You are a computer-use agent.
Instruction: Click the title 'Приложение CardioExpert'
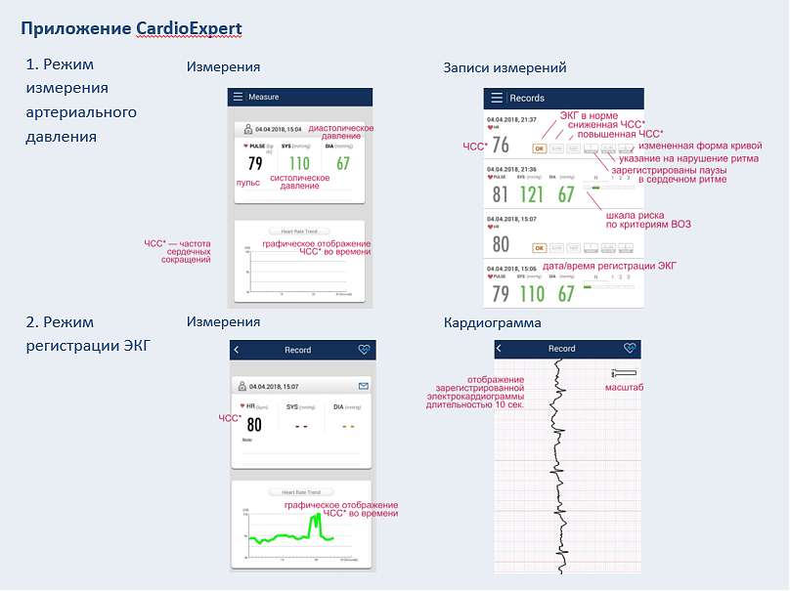pos(131,27)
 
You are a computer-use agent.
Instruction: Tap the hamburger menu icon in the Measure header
pos(237,97)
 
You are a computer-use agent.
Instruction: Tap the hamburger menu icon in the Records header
pos(497,98)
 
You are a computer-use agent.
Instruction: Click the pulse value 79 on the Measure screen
pos(254,163)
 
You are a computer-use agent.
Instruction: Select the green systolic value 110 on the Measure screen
pos(299,163)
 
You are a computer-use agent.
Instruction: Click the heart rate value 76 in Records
pos(501,146)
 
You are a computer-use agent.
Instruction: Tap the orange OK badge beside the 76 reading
pos(539,148)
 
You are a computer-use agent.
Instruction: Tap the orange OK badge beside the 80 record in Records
pos(539,248)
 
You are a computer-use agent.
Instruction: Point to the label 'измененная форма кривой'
pos(700,146)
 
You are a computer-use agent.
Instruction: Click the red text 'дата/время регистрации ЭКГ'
pos(625,266)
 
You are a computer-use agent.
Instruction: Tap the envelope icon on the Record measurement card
pos(364,386)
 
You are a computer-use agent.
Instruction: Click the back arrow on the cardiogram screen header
pos(499,349)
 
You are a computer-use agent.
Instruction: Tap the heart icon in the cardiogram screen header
pos(631,349)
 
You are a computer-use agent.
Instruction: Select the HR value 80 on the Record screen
pos(254,425)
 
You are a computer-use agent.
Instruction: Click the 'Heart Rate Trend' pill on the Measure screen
pos(299,232)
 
